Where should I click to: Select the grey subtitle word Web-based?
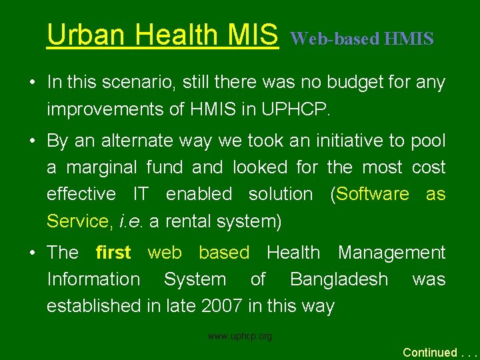[x=335, y=39]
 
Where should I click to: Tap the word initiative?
[x=329, y=141]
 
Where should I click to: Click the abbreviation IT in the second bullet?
[x=140, y=194]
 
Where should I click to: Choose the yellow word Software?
[x=373, y=194]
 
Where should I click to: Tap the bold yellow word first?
[x=113, y=253]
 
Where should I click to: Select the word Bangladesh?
[x=339, y=279]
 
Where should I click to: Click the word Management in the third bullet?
[x=391, y=253]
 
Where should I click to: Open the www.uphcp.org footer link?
[x=239, y=337]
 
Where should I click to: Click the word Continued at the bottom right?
[x=430, y=352]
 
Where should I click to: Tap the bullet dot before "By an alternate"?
[x=32, y=141]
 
